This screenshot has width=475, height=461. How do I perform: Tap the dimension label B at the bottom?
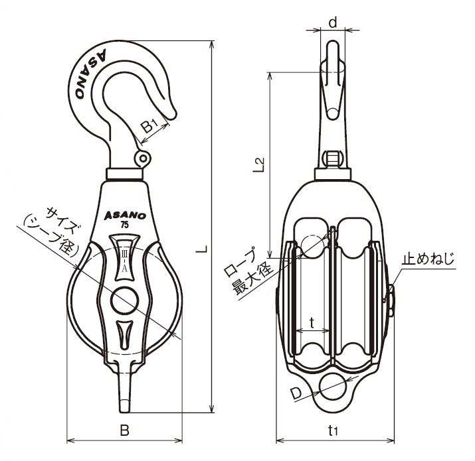click(x=124, y=430)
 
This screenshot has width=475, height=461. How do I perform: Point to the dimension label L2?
click(x=258, y=165)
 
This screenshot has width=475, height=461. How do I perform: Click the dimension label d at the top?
click(x=333, y=22)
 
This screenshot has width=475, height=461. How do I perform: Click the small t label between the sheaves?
click(x=312, y=323)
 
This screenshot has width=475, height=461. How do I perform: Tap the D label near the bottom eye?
click(x=296, y=393)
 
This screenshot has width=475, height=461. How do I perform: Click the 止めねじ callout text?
click(x=428, y=259)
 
